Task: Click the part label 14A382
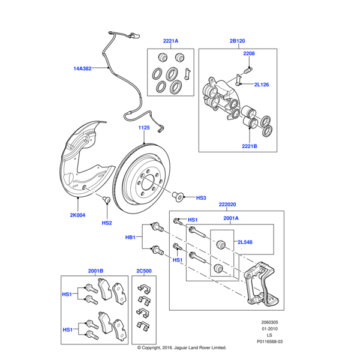click(82, 68)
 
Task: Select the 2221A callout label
click(170, 41)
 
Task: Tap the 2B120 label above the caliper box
click(237, 41)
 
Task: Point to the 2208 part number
click(249, 53)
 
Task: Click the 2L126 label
click(261, 85)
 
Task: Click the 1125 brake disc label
click(145, 128)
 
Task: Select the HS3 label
click(201, 197)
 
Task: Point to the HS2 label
click(107, 223)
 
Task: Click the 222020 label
click(228, 204)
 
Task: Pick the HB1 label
click(131, 238)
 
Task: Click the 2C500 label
click(144, 271)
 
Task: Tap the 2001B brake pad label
click(95, 271)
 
